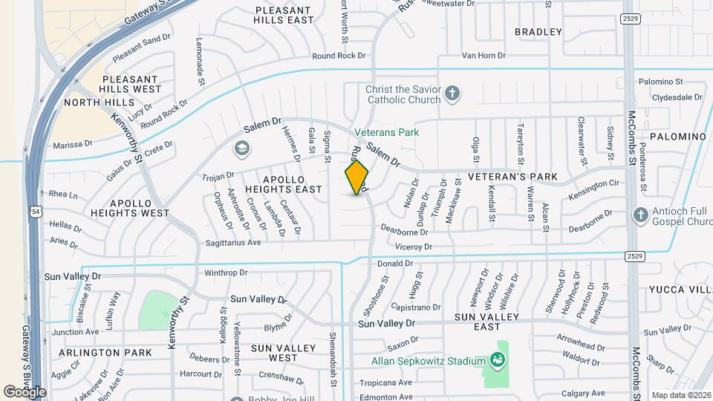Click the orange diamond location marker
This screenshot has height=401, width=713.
(356, 177)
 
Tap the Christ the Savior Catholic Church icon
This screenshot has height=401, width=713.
(452, 94)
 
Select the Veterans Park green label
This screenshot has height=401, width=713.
(386, 133)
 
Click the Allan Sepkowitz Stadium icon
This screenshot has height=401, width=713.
(497, 361)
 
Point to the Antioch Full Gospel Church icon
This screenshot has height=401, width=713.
(641, 215)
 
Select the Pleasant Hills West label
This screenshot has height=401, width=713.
(131, 84)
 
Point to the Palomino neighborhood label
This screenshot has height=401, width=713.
(677, 137)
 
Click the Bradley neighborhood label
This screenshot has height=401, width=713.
(538, 32)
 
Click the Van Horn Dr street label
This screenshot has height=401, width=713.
(484, 56)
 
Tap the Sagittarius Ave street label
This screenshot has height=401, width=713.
(233, 243)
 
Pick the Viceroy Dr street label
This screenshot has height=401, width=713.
(414, 247)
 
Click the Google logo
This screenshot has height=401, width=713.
(25, 391)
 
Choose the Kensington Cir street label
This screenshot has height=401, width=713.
(594, 183)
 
